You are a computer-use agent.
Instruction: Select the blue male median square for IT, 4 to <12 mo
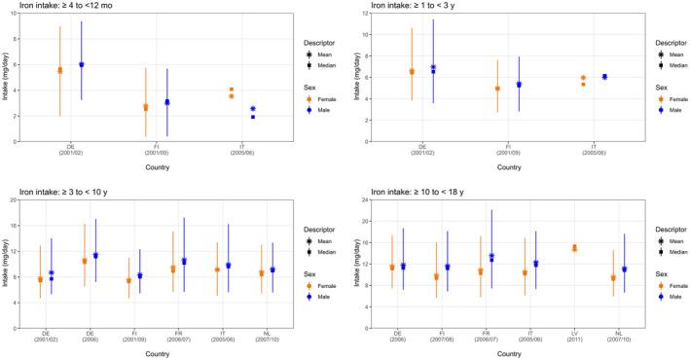[252, 117]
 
